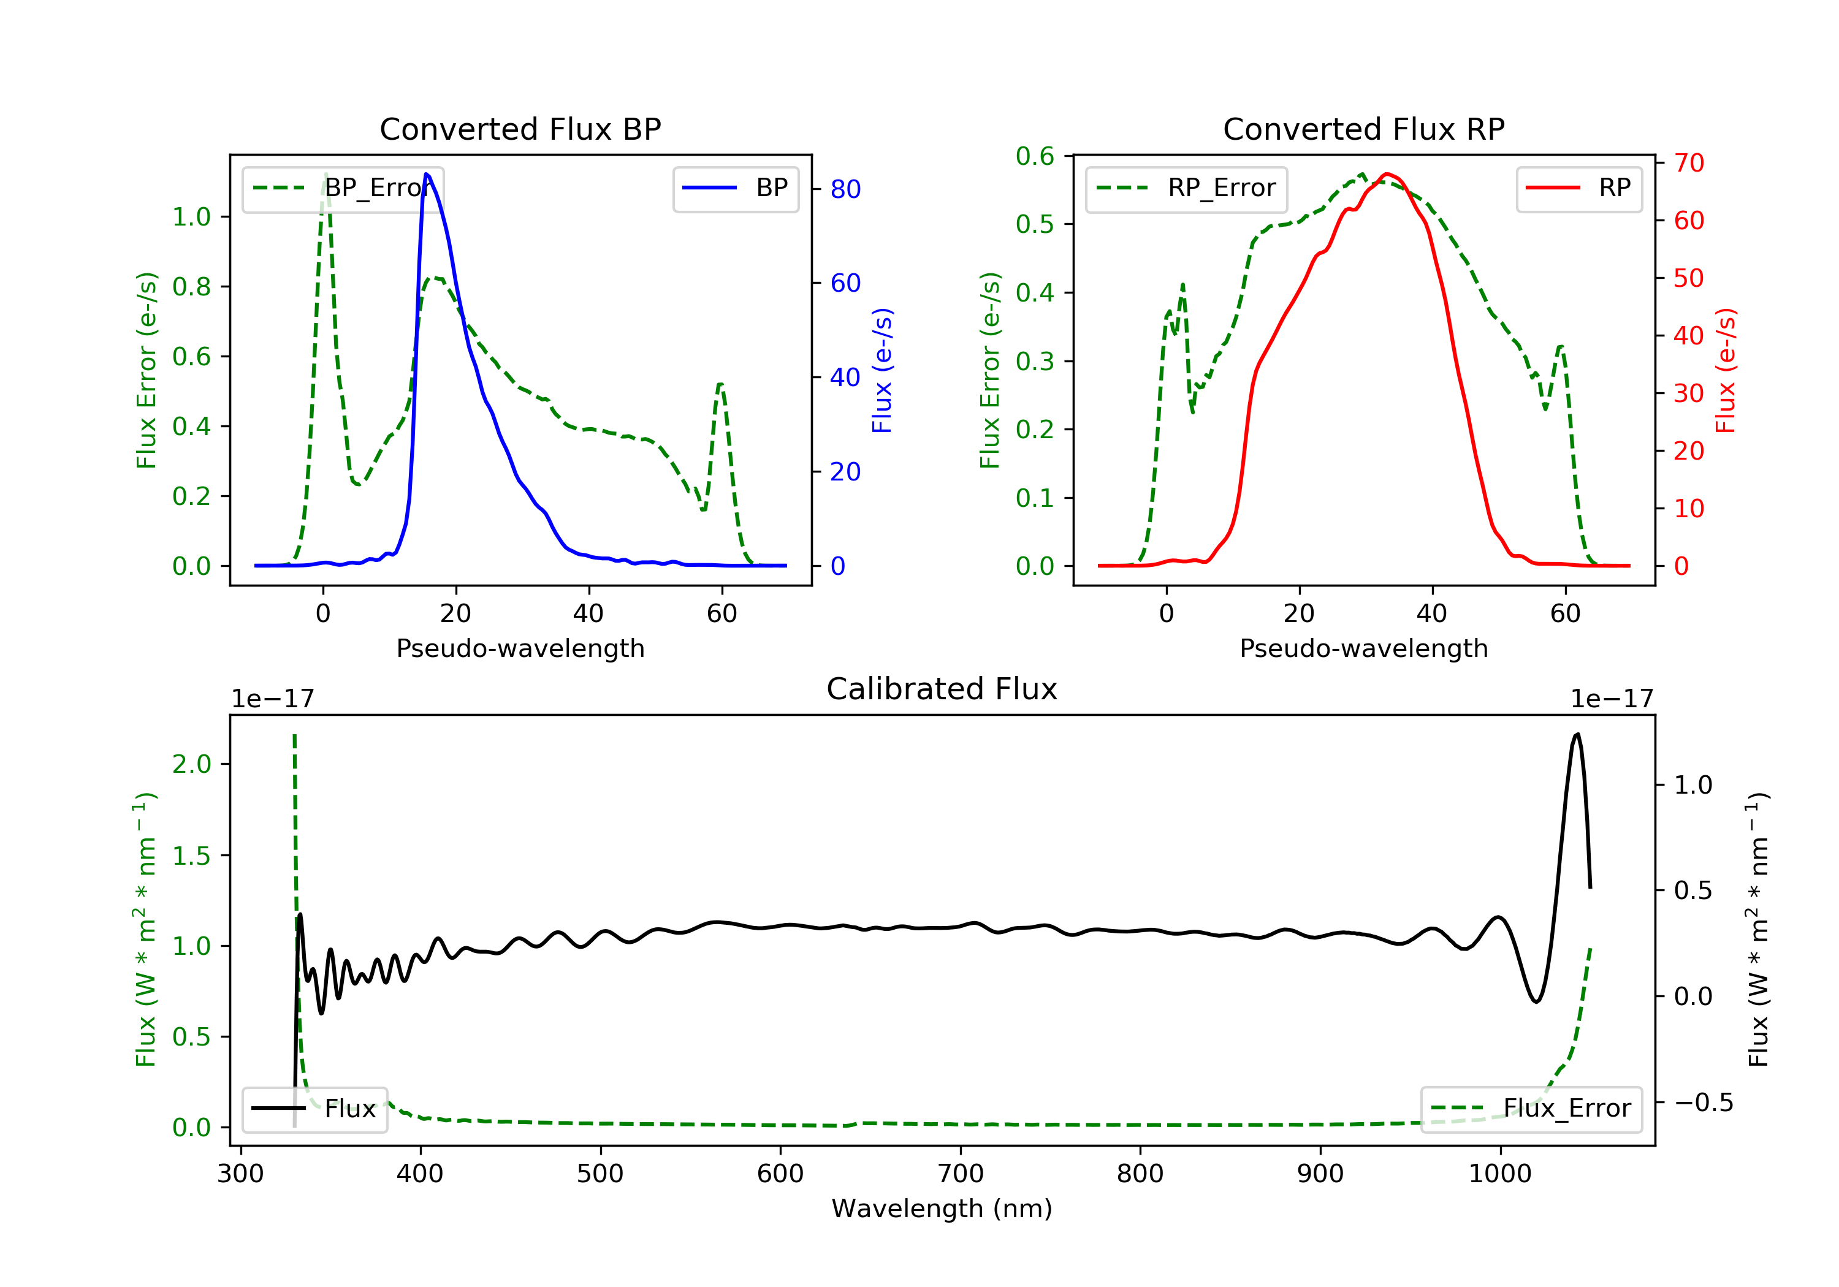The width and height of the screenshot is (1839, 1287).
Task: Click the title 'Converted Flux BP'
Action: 520,129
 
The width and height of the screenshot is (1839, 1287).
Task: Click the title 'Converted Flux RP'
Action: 1363,129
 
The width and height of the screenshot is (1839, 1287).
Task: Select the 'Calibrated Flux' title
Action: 942,689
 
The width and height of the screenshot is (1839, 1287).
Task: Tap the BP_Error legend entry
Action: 342,188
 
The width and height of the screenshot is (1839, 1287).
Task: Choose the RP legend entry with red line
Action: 1578,188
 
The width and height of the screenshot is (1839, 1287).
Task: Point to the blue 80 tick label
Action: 845,189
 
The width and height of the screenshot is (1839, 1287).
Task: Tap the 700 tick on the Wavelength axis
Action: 961,1174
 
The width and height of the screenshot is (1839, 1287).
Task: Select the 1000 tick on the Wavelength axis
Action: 1499,1174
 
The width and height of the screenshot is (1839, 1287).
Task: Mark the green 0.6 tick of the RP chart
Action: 1035,156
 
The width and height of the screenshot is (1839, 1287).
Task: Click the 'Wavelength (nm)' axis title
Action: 942,1209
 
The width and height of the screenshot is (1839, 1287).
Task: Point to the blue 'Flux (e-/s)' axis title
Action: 882,371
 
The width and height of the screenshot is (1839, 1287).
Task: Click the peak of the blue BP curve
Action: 426,174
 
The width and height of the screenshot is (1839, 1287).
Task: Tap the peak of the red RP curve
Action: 1387,174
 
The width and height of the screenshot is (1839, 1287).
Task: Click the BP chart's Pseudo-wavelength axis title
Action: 520,648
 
